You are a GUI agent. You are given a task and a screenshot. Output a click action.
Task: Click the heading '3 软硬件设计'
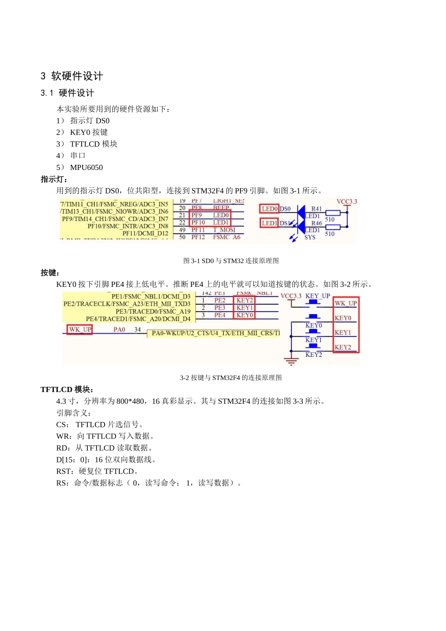tap(71, 76)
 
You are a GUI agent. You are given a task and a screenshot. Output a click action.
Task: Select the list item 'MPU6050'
tap(86, 168)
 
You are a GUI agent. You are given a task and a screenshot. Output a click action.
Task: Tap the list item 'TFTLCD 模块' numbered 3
tap(93, 144)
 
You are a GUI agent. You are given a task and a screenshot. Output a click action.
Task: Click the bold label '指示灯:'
tap(54, 179)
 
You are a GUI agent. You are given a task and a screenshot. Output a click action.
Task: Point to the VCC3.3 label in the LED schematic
tap(346, 202)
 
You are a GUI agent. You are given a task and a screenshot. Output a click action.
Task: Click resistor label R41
tap(317, 209)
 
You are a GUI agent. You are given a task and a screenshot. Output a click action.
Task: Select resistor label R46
tap(317, 223)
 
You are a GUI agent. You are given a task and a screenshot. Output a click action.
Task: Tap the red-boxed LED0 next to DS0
tap(269, 209)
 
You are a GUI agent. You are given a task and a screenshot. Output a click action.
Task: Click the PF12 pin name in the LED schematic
tap(198, 238)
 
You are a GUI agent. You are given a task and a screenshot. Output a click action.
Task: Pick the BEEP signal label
tap(221, 208)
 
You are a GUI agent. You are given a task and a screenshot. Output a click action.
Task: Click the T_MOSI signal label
tap(224, 230)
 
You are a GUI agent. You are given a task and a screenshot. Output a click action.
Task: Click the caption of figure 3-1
tap(231, 261)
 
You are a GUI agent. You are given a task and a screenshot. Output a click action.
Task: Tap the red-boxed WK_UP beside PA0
tap(80, 330)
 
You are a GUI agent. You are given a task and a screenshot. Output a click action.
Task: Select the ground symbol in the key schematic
tap(291, 361)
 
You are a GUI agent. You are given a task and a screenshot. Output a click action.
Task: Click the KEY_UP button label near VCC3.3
tap(317, 296)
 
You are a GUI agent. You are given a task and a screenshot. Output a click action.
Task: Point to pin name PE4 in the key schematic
tap(220, 315)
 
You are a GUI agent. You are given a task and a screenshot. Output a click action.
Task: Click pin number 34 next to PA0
tap(138, 330)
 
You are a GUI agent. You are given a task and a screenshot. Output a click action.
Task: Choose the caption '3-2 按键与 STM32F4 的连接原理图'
tap(231, 378)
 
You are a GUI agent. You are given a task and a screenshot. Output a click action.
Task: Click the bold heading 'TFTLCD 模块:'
tap(67, 390)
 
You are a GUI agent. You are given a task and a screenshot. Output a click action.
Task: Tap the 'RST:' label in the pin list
tap(65, 471)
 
